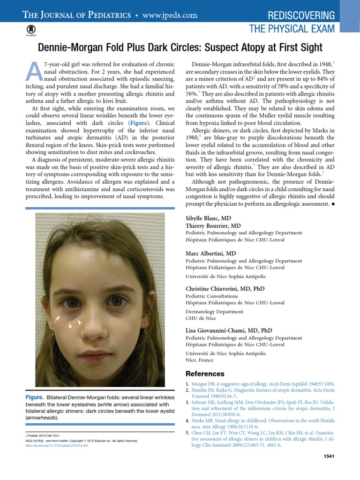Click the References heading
(x=205, y=374)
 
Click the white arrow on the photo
(x=57, y=320)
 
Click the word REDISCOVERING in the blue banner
(x=301, y=15)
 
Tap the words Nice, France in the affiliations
(x=200, y=360)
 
